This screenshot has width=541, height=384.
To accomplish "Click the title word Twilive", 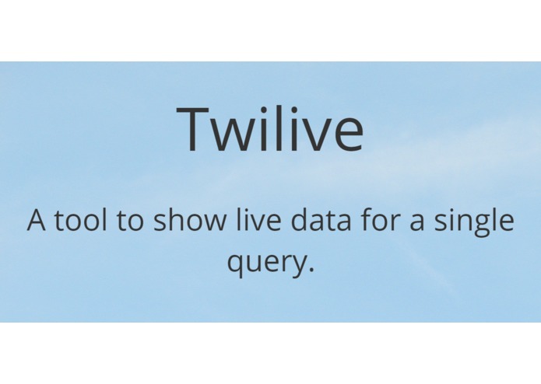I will coord(270,128).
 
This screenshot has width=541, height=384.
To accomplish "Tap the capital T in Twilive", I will coord(195,129).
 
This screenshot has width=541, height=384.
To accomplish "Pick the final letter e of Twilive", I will coord(347,134).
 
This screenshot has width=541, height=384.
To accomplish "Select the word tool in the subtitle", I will coord(83,220).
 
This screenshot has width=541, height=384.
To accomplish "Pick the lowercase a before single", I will coord(420,223).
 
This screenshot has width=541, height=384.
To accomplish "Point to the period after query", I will coord(311,270).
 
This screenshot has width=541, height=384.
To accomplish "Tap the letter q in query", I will coord(236,264).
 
